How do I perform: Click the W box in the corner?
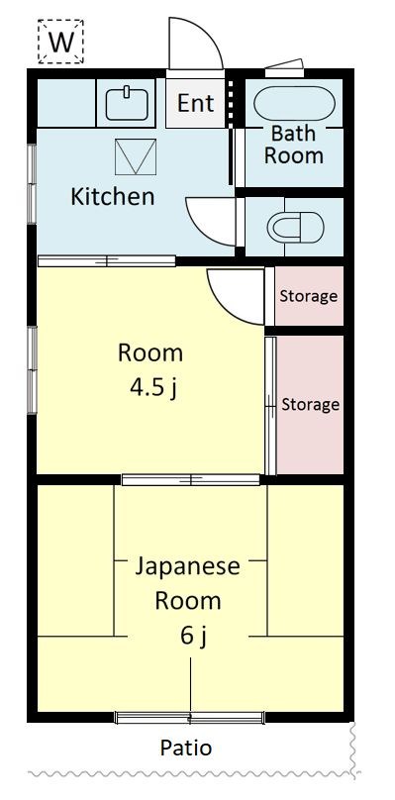tap(61, 42)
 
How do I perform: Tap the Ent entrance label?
tap(195, 102)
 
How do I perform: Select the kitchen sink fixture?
tap(126, 102)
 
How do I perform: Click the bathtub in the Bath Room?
tap(294, 103)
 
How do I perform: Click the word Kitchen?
tap(112, 196)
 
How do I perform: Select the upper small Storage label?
tap(308, 296)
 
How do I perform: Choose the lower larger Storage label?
tap(310, 404)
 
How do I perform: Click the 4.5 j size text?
tap(150, 385)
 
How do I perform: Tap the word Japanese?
tap(187, 566)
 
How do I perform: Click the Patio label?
tap(186, 748)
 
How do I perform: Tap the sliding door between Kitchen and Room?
tap(106, 260)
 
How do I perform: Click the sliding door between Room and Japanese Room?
tap(191, 480)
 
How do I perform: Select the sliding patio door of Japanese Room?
tap(190, 716)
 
